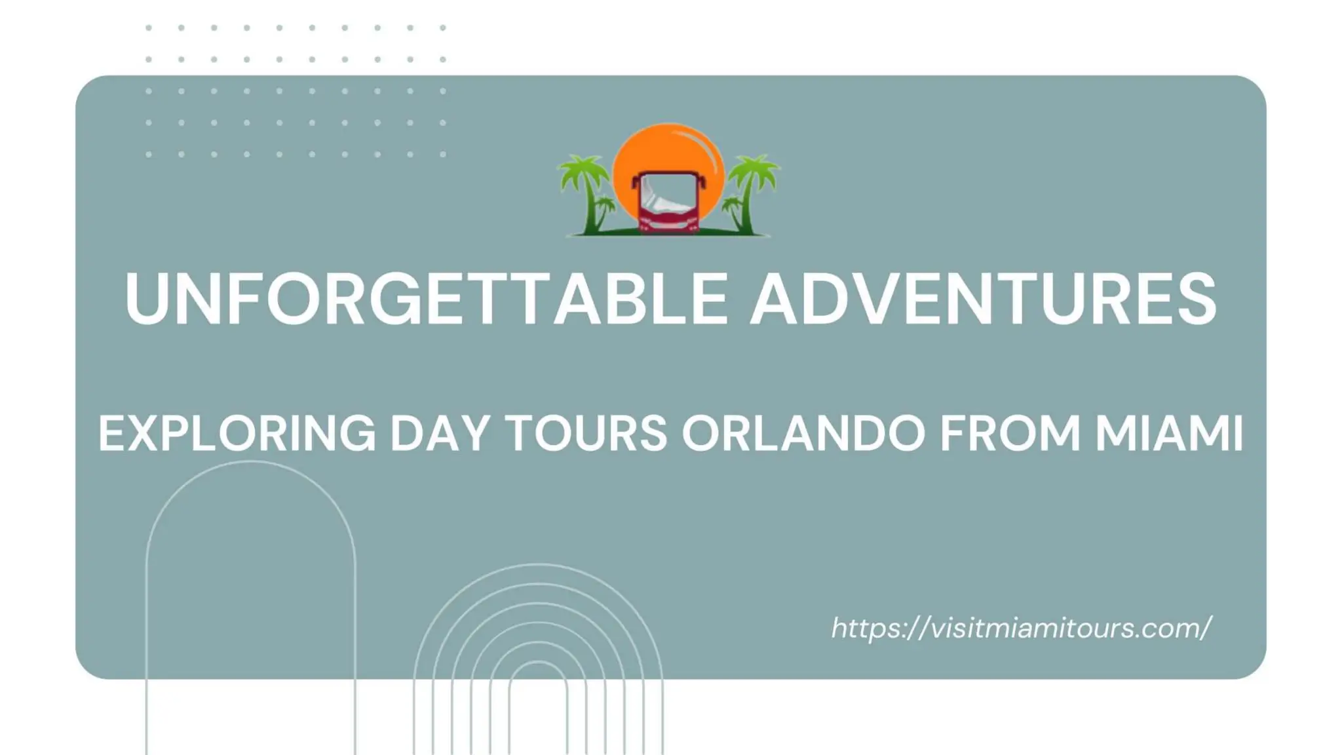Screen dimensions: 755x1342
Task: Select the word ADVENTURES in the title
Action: coord(983,299)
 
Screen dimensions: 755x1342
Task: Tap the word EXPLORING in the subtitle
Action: coord(237,433)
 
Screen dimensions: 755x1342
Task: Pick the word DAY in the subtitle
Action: coord(440,433)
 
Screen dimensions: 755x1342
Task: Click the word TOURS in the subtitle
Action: coord(587,433)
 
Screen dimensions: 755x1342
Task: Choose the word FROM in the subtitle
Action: coord(1010,433)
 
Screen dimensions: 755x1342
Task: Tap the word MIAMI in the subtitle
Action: coord(1169,433)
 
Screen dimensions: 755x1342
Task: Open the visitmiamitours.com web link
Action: coord(1021,628)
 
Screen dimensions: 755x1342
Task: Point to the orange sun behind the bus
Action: coord(668,147)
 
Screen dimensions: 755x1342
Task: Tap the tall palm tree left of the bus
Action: coord(585,190)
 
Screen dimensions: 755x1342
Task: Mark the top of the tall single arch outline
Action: coord(250,462)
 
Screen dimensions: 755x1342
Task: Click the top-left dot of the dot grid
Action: coord(149,28)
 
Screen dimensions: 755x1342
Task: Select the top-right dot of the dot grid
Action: coord(443,28)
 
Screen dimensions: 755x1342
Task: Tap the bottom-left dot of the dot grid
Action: coord(149,155)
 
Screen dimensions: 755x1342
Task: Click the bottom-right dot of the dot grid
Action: coord(443,155)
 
